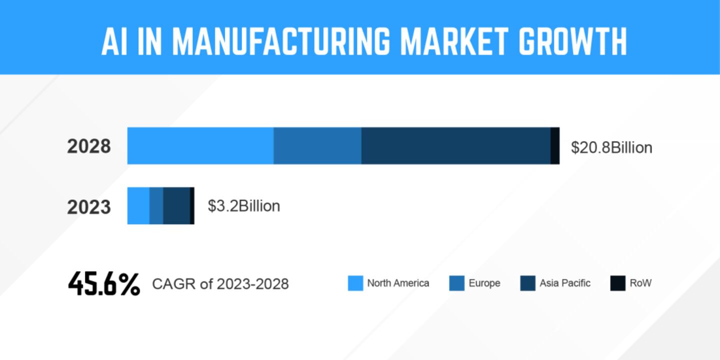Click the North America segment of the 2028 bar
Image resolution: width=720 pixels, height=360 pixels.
click(x=200, y=145)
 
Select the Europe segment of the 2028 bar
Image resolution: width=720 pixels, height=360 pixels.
click(x=317, y=145)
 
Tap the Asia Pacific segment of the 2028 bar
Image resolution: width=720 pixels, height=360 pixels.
click(x=455, y=145)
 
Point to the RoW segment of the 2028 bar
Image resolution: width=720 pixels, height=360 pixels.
click(x=555, y=145)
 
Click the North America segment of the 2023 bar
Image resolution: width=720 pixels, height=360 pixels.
click(x=138, y=205)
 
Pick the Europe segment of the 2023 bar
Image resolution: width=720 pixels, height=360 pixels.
click(x=156, y=205)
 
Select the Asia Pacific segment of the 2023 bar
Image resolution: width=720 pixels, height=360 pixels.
click(x=176, y=205)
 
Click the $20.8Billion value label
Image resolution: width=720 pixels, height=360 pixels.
click(x=611, y=147)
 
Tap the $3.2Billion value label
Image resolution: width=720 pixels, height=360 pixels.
click(x=244, y=206)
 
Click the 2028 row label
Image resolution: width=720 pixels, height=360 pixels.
click(x=89, y=147)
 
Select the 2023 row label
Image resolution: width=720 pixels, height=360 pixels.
click(x=89, y=206)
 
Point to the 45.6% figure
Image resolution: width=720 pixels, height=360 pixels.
click(x=104, y=284)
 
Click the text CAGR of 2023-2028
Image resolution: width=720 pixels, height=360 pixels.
click(x=220, y=284)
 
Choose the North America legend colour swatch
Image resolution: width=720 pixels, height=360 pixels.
click(x=355, y=283)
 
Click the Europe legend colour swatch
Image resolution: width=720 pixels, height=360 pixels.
click(x=457, y=283)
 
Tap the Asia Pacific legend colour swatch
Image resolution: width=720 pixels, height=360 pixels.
click(x=528, y=283)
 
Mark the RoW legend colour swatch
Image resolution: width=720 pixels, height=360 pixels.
click(x=618, y=283)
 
